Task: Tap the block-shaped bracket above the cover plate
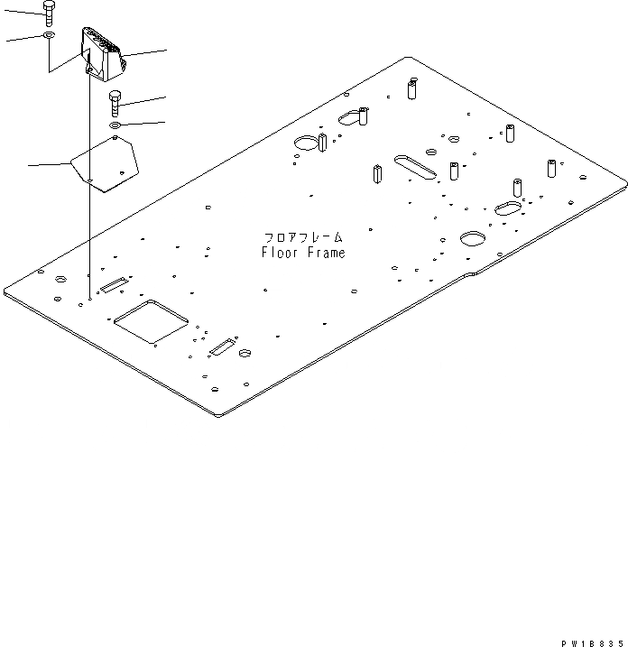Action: point(101,53)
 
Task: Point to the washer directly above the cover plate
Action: point(116,125)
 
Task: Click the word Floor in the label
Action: point(278,254)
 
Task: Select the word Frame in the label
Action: point(324,254)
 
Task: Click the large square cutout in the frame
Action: point(151,321)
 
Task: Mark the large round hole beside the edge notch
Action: point(473,238)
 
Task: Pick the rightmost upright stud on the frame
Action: point(549,169)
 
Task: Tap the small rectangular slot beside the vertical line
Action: point(113,286)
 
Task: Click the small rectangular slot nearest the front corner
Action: point(222,348)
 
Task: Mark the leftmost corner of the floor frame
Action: point(5,291)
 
